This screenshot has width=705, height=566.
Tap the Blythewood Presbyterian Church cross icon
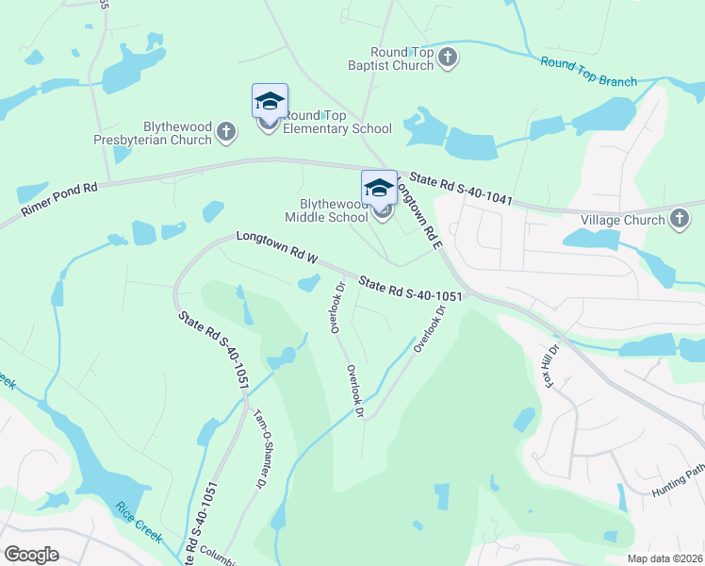pos(226,133)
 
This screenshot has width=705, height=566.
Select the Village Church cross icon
pos(679,220)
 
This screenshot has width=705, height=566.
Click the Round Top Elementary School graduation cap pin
pos(270,103)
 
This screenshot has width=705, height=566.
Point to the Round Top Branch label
pos(589,73)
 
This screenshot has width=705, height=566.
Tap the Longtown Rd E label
pos(418,212)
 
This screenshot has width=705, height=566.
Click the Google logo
pos(31,554)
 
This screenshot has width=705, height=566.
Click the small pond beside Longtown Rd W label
pos(308,282)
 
